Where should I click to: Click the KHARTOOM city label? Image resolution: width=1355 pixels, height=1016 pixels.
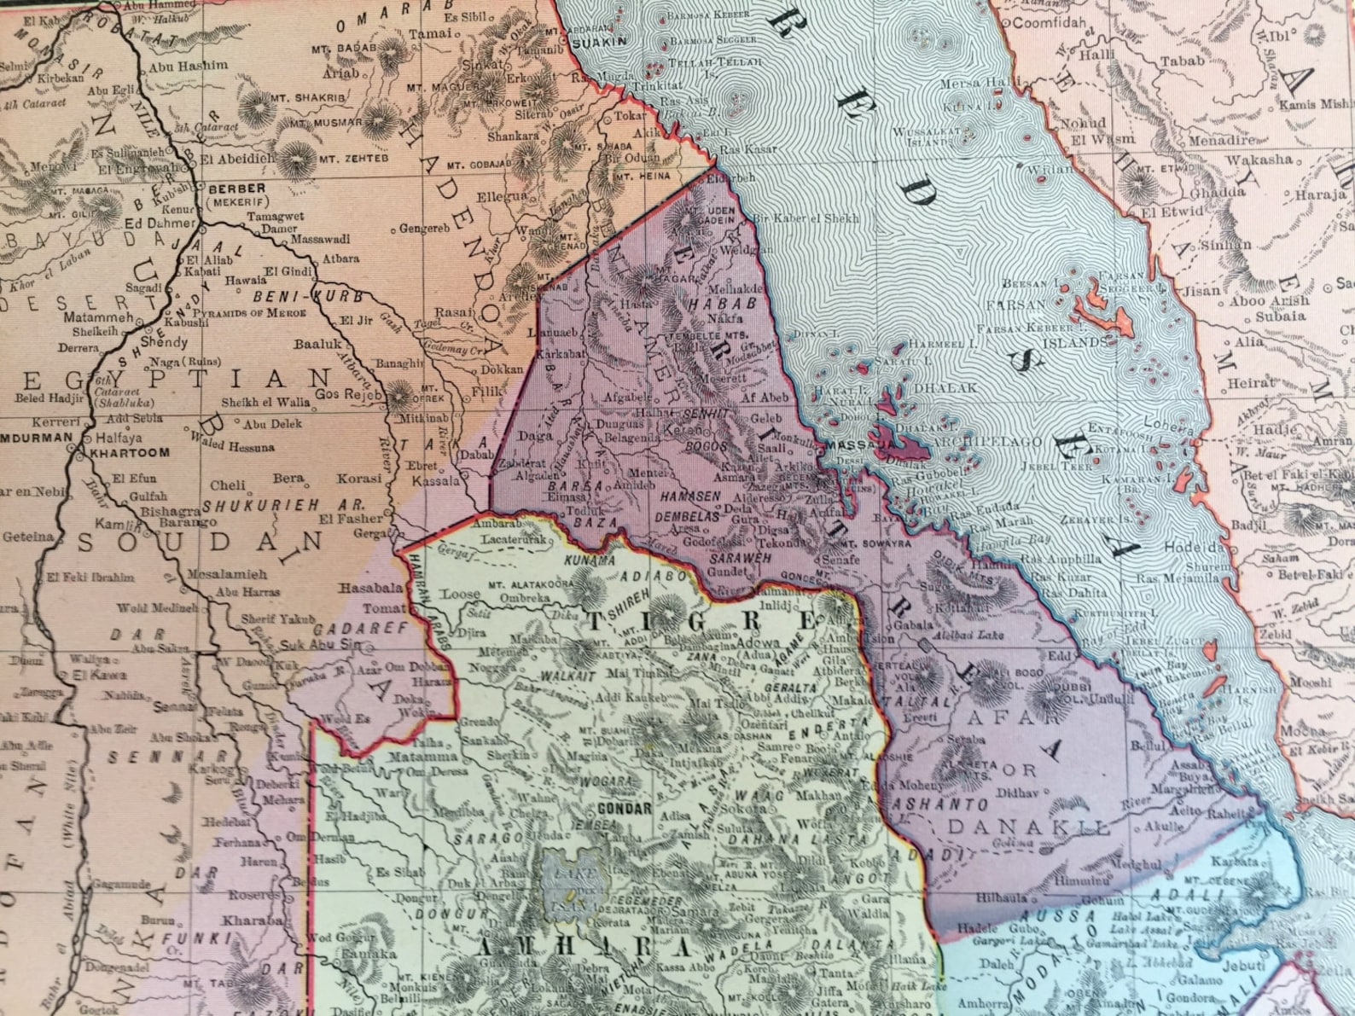tap(129, 453)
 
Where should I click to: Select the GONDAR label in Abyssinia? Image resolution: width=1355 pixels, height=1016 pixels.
tap(625, 809)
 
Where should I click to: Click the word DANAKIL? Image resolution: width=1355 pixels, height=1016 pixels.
tap(1028, 827)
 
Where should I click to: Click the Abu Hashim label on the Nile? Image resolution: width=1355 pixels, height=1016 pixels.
tap(189, 65)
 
